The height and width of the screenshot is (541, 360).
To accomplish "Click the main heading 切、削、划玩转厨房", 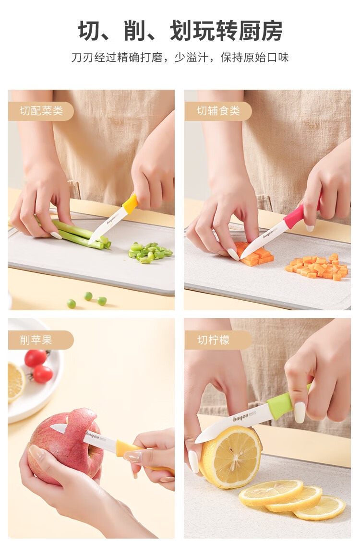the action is click(x=180, y=31).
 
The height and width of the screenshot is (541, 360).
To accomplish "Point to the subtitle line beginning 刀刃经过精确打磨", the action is click(x=180, y=57).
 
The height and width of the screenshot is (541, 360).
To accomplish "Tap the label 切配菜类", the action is click(x=41, y=111).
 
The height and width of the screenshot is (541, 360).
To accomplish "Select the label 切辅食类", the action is click(x=218, y=111).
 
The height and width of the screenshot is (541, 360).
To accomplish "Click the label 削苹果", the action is click(x=36, y=340).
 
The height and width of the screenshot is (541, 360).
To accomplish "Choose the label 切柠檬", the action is click(x=213, y=340).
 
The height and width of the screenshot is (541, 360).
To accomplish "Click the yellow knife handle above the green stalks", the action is click(x=130, y=204).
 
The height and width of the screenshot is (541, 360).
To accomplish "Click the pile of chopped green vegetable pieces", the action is click(x=150, y=252).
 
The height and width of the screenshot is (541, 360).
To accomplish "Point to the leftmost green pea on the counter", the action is click(x=71, y=304).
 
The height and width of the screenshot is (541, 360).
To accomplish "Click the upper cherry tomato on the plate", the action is click(x=35, y=358).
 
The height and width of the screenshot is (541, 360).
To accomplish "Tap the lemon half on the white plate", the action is click(x=15, y=381).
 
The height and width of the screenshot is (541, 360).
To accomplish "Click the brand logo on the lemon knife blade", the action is click(x=240, y=418).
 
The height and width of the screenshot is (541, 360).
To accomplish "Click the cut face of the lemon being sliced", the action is click(x=232, y=457).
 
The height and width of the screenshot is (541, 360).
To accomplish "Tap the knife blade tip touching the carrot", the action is click(x=242, y=258).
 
